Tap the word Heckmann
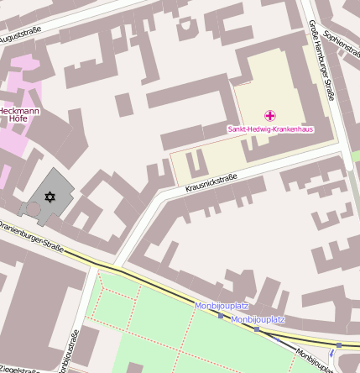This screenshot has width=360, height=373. [18, 111]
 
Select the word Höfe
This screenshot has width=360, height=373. [18, 119]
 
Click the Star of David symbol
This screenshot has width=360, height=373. [49, 197]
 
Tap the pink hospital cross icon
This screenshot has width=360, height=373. [269, 115]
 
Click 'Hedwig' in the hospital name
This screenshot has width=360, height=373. [262, 129]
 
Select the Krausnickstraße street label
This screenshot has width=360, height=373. [211, 183]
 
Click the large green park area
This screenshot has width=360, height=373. [159, 328]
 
